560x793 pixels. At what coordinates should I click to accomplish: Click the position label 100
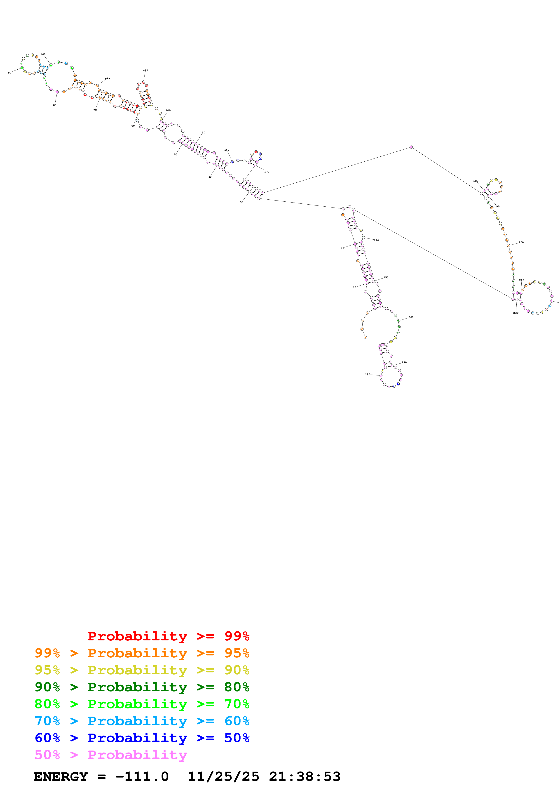[43, 54]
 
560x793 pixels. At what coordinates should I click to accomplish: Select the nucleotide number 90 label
[10, 73]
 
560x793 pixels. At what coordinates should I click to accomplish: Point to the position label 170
[267, 172]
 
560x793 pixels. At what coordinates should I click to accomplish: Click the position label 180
[476, 181]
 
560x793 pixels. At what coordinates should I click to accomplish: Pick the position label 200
[521, 243]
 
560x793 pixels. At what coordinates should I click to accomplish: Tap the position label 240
[376, 240]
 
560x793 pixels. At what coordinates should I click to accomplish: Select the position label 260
[411, 317]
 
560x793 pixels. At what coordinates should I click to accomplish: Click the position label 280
[368, 374]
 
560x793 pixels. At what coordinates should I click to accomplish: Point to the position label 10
[354, 287]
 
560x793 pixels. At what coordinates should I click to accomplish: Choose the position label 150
[203, 133]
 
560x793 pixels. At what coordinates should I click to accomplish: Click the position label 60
[133, 126]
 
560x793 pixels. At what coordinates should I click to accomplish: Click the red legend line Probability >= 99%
[168, 636]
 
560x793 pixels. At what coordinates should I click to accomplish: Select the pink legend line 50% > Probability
[111, 755]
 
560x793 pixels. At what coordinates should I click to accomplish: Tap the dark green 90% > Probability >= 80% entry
[142, 687]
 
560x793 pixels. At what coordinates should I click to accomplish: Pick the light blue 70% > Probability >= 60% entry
[142, 721]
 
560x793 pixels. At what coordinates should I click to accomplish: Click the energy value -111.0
[142, 777]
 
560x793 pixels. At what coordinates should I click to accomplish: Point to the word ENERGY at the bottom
[61, 777]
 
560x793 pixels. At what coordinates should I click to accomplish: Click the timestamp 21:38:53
[305, 777]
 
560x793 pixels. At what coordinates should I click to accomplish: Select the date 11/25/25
[223, 777]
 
